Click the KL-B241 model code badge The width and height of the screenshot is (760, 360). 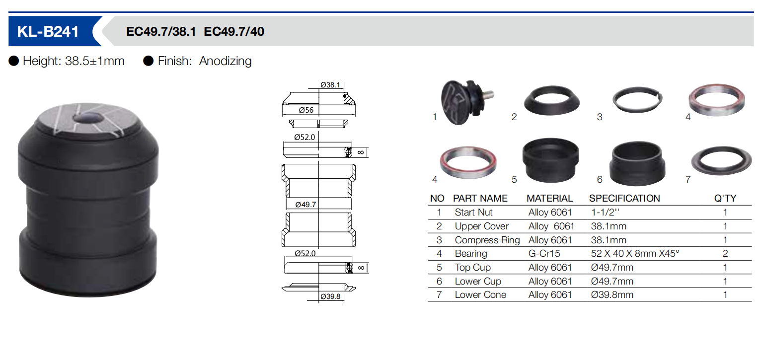coord(48,31)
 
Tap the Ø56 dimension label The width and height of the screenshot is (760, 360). coord(306,110)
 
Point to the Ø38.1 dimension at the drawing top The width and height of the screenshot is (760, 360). coord(330,85)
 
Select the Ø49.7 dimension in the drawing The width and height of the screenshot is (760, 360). coord(305,204)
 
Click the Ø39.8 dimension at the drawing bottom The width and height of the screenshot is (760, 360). coord(330,296)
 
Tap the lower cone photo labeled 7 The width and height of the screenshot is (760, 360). coord(721,160)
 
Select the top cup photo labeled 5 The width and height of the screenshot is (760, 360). coord(550,160)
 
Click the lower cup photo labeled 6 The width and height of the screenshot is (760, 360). coord(637,163)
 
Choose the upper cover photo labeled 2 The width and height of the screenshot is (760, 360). coord(552,100)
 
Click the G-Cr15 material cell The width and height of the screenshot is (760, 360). coord(544,253)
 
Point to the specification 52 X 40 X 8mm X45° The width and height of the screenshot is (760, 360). coord(635,253)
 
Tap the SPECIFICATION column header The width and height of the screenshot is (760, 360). coord(624,198)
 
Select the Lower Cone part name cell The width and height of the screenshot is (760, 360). coord(480,294)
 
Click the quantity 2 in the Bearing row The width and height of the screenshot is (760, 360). coord(725,253)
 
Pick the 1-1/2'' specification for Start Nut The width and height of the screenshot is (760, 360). coord(605,212)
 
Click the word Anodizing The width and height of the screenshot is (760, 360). coord(226,61)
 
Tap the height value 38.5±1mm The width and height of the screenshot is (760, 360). coord(95,61)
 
